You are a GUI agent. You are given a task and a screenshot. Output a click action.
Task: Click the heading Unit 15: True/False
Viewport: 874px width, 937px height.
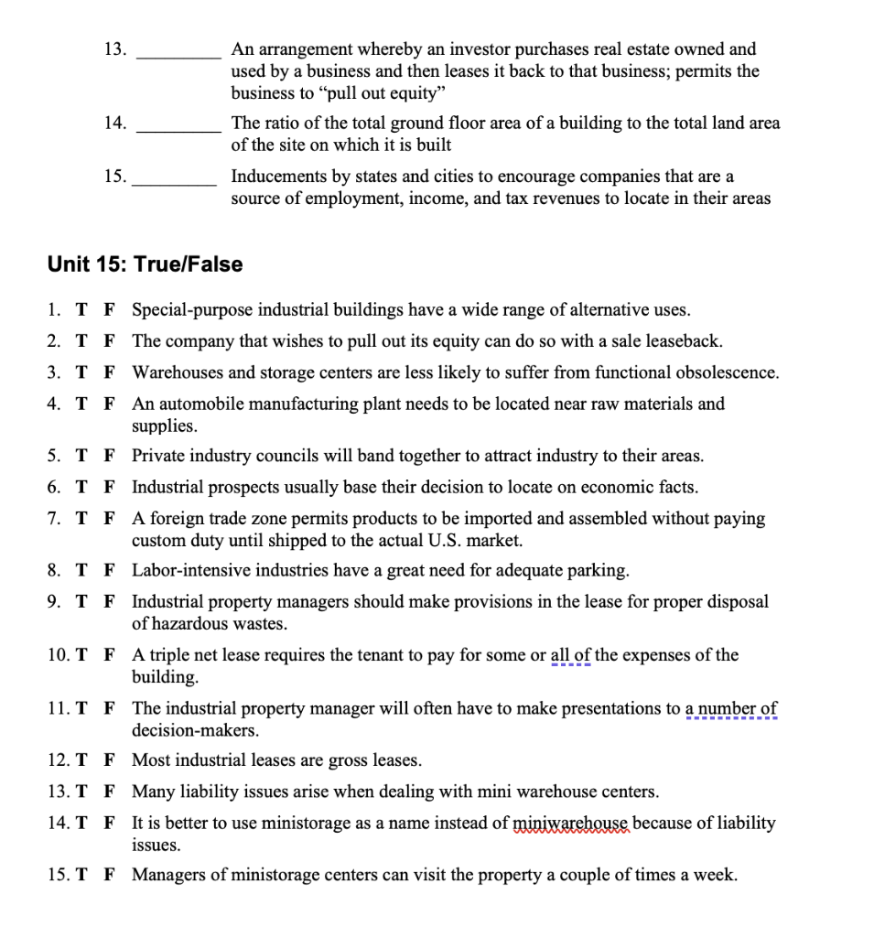pyautogui.click(x=145, y=264)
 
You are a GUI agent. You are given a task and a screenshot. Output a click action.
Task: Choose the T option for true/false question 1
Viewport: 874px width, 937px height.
pyautogui.click(x=81, y=310)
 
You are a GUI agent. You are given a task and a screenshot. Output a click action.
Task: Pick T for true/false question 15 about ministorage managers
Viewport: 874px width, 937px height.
pyautogui.click(x=81, y=875)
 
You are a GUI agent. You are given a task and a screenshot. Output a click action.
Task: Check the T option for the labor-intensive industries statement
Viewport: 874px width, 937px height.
pyautogui.click(x=81, y=571)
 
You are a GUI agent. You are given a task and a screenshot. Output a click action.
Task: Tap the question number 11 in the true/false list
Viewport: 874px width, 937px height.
pyautogui.click(x=56, y=708)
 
